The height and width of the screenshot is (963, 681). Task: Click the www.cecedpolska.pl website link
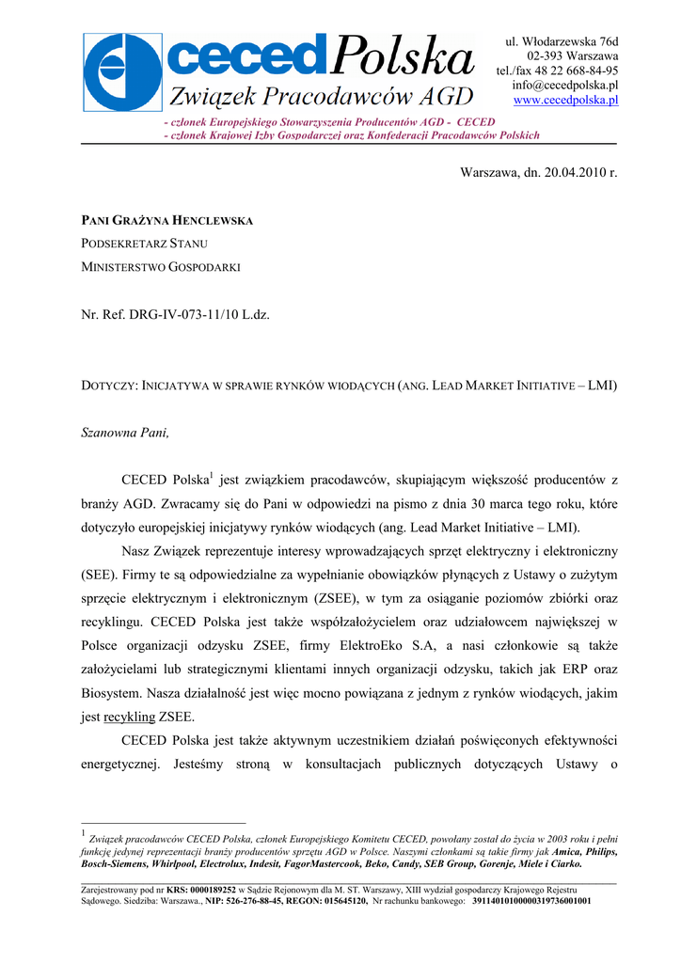coord(565,101)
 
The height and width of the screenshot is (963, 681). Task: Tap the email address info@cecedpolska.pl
coord(565,86)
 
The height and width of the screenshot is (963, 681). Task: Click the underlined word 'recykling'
coord(130,716)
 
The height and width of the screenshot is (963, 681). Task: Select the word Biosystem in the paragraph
coord(110,693)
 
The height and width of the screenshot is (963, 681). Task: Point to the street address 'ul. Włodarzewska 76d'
coord(562,41)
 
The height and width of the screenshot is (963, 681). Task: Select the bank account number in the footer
coord(531,900)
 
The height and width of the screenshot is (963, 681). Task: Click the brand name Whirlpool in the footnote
coord(170,863)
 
